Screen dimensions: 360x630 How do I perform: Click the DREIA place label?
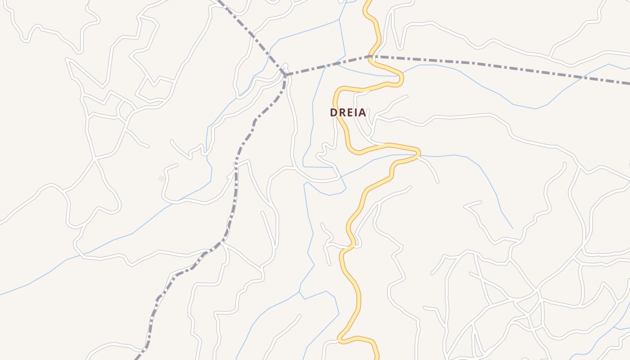348,112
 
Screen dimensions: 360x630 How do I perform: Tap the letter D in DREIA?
333,112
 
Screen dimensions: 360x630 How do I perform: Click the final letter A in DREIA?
362,112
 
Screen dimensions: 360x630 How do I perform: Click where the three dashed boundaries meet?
285,74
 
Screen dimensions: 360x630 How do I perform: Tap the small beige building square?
161,179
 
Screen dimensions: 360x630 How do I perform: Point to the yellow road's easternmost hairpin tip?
419,153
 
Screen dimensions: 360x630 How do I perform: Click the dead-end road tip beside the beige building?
177,165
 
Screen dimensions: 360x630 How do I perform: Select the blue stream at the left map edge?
1,295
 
